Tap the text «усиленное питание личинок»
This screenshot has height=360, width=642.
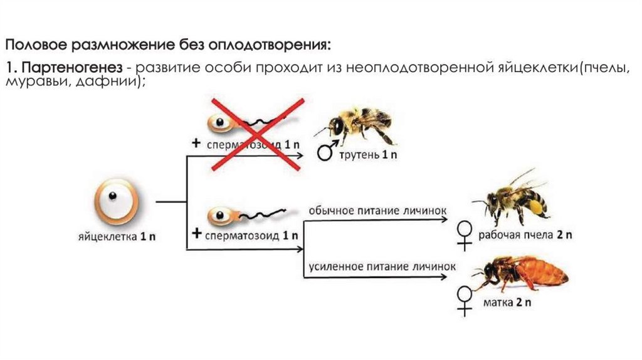(381, 266)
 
